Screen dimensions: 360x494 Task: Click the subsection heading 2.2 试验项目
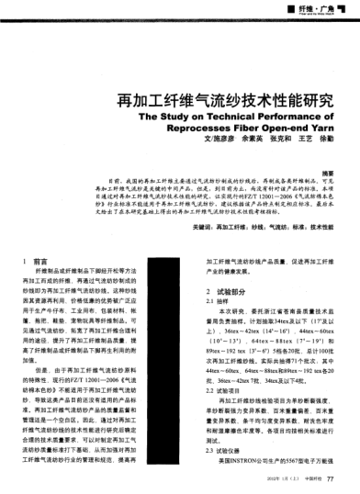point(224,389)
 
